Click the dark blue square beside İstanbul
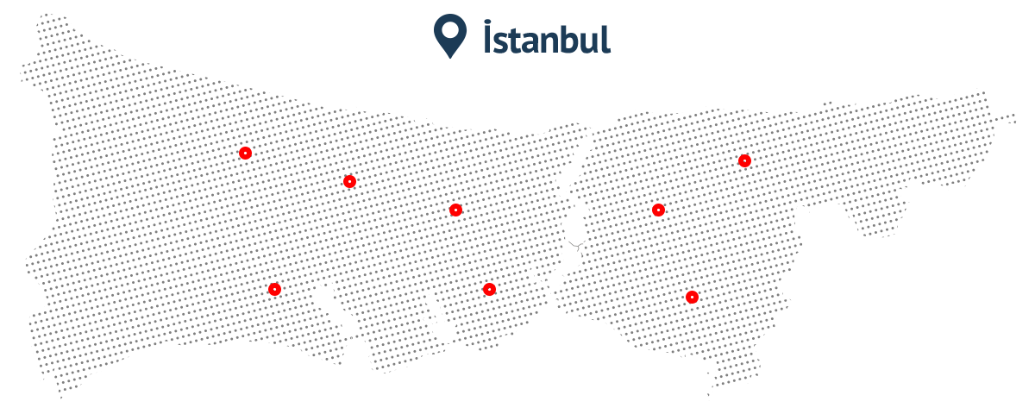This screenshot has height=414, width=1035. click(449, 36)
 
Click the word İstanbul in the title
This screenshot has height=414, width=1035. click(546, 39)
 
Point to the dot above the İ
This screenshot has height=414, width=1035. click(488, 22)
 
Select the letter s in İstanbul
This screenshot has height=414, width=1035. click(502, 42)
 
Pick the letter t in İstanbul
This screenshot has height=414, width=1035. click(516, 40)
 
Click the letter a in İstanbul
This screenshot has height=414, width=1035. click(531, 42)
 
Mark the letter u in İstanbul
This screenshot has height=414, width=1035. click(588, 42)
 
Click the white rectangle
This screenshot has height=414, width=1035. click(994, 359)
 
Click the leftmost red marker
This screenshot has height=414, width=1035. click(245, 153)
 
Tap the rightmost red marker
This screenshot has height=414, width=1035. click(744, 160)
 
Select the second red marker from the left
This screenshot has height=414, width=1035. click(274, 288)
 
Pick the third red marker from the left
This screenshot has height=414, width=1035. click(348, 181)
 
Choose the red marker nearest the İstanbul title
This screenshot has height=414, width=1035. click(455, 210)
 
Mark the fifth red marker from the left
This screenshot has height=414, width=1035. click(489, 288)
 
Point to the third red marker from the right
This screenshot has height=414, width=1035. click(658, 210)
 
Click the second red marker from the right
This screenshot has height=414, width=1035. click(692, 297)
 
